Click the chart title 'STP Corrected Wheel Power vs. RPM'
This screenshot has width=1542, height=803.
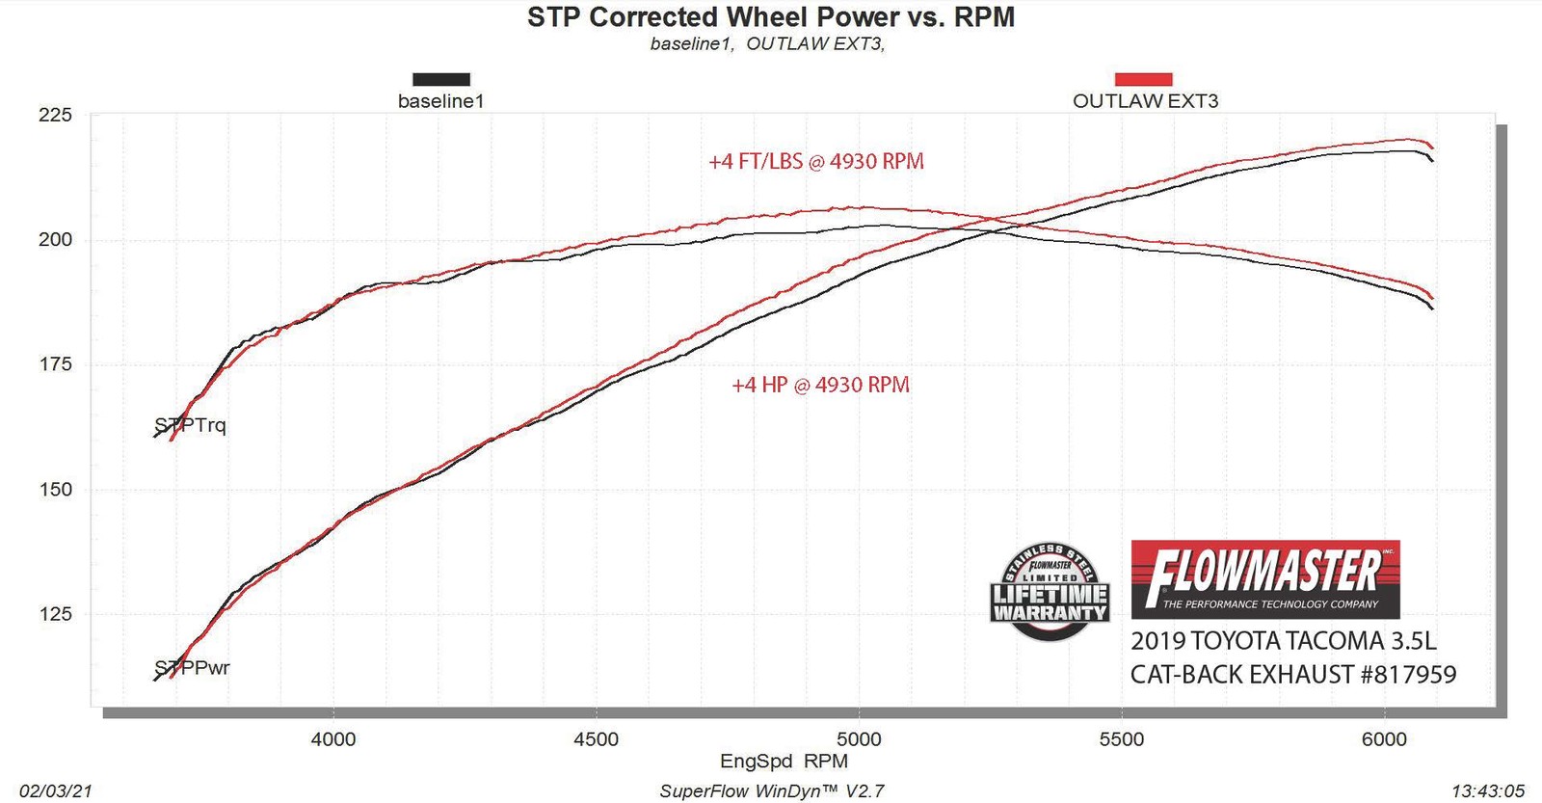[770, 17]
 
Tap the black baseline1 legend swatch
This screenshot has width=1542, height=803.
[440, 79]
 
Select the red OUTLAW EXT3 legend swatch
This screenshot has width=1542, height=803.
[1143, 79]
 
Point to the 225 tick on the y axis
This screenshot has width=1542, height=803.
[55, 115]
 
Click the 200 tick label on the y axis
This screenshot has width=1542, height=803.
[55, 239]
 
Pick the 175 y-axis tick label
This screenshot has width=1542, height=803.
[55, 363]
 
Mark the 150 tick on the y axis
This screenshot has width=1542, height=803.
[55, 489]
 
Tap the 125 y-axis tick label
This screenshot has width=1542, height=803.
[55, 613]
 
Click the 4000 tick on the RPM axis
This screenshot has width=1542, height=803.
[332, 739]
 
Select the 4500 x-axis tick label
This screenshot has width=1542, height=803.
[596, 739]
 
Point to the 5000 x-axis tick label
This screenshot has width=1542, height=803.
[859, 739]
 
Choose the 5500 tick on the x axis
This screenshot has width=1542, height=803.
[1122, 739]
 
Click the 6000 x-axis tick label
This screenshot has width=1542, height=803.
[1384, 739]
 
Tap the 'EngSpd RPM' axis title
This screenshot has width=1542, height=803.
[784, 761]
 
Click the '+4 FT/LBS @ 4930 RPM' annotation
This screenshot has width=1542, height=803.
[816, 161]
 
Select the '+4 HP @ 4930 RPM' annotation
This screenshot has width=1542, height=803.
[820, 385]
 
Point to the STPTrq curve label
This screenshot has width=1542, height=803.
[191, 425]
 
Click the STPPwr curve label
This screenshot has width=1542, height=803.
[193, 667]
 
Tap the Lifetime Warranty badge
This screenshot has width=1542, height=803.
[1050, 591]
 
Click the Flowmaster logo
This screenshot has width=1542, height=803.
[1264, 578]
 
